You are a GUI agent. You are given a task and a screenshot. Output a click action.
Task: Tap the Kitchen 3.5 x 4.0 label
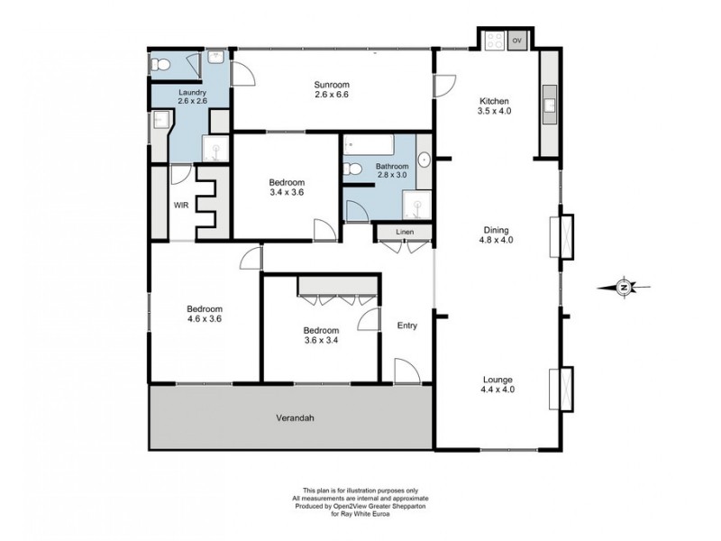(x=495, y=105)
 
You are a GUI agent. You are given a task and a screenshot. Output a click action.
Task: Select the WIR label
(x=181, y=205)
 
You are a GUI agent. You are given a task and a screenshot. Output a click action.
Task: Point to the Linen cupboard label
(x=405, y=234)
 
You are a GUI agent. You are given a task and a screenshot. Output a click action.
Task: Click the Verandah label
(x=292, y=418)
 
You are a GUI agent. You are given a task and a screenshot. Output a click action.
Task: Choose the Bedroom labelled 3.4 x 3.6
(x=287, y=187)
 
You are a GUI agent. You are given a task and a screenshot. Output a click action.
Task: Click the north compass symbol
(x=624, y=288)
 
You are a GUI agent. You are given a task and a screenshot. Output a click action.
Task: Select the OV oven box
(x=517, y=41)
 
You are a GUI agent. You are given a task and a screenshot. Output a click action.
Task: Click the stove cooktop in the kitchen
(x=494, y=41)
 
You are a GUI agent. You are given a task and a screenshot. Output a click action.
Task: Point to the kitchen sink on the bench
(x=550, y=108)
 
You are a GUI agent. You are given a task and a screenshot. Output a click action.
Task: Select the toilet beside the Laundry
(x=160, y=64)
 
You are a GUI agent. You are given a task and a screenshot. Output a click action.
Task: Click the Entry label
(x=407, y=326)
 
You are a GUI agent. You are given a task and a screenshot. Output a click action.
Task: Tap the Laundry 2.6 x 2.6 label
(x=193, y=96)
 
